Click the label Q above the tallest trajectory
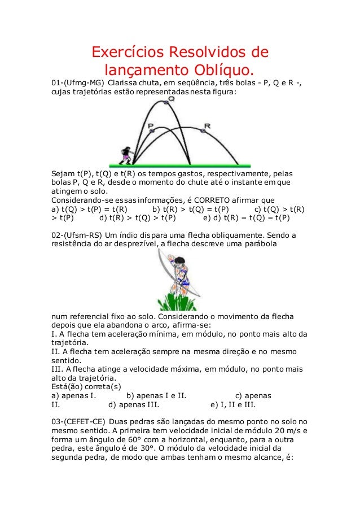tap(171, 98)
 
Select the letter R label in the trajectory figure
tap(207, 125)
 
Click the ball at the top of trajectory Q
tap(166, 103)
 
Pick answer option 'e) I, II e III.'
tap(233, 404)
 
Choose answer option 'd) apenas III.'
tap(133, 404)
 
